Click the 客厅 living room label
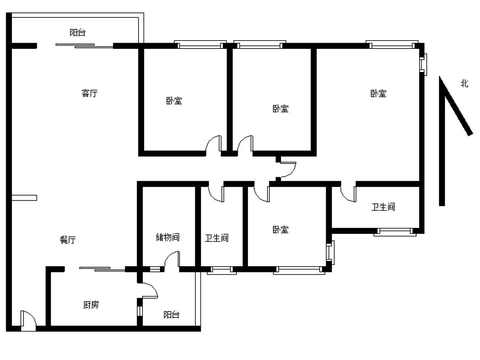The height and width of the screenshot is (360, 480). coord(89,93)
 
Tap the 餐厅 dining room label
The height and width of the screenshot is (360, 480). coord(68,240)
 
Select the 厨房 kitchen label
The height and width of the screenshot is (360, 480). coord(91,304)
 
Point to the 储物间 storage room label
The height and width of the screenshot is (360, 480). coord(168,237)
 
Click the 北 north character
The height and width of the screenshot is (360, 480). coord(464,83)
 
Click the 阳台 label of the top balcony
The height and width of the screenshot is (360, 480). coord(77,32)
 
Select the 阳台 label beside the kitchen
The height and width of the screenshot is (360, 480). coord(171,314)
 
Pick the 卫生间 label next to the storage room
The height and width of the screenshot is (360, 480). coord(217,237)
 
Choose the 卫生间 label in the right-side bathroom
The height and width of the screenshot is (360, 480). coord(383,207)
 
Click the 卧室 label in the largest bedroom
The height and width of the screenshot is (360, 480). coord(378,93)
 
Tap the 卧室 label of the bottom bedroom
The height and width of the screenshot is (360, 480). coord(280,229)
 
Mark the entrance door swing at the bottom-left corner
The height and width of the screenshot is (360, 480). coord(28,320)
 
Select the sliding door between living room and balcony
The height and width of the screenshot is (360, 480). coord(84,46)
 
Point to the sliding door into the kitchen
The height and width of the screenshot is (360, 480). coord(102,269)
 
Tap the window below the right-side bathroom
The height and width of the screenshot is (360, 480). coord(395,232)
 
